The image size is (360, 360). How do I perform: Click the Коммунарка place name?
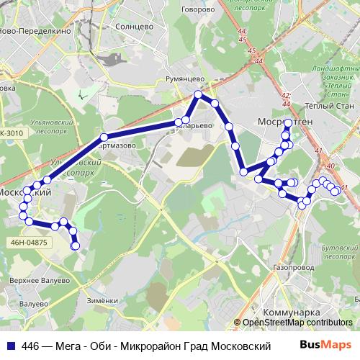pos(291,313)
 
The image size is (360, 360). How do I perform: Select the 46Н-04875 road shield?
pos(30,243)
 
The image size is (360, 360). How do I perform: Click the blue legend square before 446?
pos(10,346)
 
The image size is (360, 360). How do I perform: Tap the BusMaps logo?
pos(326,346)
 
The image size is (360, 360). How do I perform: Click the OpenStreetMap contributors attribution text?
pos(297,323)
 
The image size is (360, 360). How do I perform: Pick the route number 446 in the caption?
pos(32,346)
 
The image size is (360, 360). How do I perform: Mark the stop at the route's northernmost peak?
pos(199,94)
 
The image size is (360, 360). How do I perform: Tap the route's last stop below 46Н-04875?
pos(75,247)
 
